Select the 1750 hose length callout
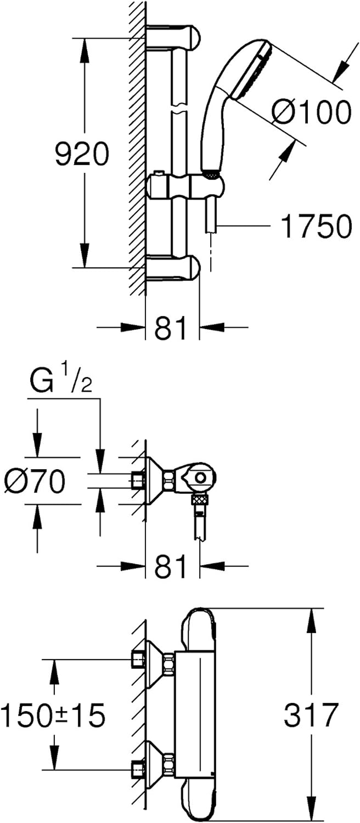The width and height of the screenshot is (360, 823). coord(316,226)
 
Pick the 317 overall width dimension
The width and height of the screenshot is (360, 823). coord(311,714)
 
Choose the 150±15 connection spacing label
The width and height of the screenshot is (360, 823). coord(53,715)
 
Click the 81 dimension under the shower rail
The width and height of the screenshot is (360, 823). coord(171,328)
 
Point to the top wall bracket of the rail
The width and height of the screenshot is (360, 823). coord(173,37)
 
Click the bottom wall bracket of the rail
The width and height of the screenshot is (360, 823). coord(173,268)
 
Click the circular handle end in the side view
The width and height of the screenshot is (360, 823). coord(200,478)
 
